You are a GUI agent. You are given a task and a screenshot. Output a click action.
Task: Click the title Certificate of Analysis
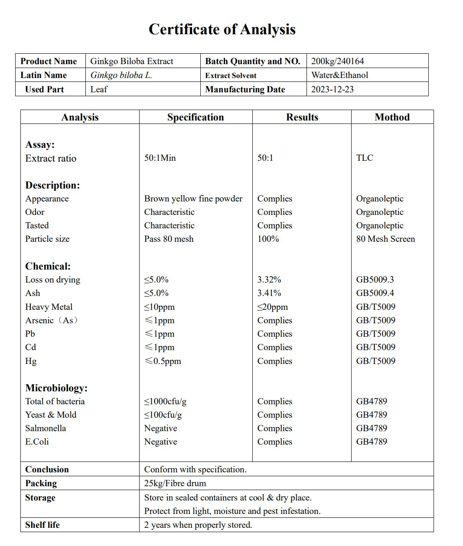tap(222, 29)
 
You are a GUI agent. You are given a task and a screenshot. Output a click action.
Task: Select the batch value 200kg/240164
tap(337, 61)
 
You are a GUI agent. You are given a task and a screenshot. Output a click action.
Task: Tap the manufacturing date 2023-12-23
tap(332, 89)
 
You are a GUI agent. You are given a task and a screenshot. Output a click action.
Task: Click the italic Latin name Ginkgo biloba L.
tap(121, 75)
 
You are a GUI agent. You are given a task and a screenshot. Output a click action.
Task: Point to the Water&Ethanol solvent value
tap(339, 75)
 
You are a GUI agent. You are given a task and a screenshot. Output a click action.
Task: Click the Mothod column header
tap(392, 117)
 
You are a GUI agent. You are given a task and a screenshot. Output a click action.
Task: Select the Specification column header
tap(196, 117)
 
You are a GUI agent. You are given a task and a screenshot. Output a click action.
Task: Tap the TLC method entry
tap(364, 158)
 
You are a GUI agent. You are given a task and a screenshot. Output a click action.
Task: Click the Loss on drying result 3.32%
tap(269, 279)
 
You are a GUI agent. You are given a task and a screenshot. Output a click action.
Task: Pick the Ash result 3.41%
tap(269, 293)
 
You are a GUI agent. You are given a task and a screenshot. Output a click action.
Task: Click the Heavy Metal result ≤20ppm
tap(272, 307)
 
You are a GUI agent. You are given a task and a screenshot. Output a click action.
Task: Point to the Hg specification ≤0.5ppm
tap(163, 361)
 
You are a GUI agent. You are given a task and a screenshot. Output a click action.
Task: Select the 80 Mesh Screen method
tap(385, 239)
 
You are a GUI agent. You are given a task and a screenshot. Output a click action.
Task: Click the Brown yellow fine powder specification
tap(193, 198)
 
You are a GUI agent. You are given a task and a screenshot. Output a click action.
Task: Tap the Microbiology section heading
tap(56, 388)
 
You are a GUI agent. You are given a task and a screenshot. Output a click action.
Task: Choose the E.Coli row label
tap(37, 442)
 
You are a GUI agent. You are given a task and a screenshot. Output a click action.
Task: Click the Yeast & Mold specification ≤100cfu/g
tap(163, 415)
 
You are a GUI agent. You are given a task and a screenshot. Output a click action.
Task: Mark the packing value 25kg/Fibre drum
tap(175, 483)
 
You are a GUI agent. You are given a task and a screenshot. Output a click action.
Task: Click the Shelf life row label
tap(42, 525)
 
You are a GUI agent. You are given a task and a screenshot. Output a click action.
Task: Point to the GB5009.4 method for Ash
tap(375, 293)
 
